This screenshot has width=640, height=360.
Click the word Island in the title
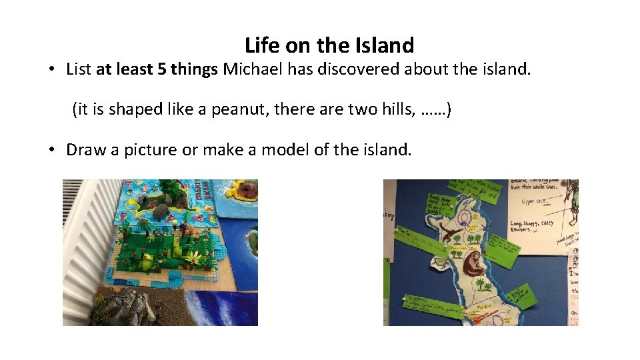click(385, 45)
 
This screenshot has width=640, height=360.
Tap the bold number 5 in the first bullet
click(162, 69)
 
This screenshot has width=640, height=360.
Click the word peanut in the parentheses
click(235, 109)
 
